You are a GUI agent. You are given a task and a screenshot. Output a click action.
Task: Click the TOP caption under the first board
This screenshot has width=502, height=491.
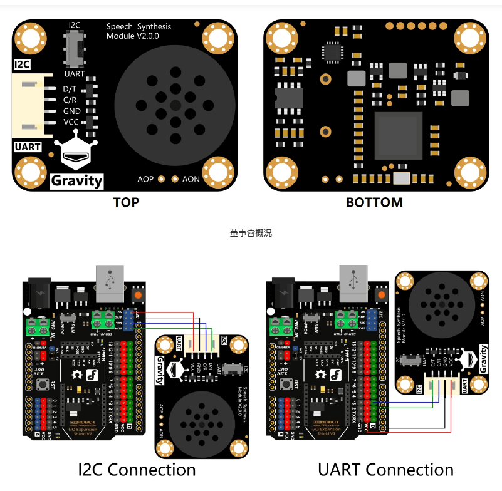click(126, 202)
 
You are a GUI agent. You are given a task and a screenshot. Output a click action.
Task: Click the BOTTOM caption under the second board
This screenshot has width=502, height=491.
click(374, 202)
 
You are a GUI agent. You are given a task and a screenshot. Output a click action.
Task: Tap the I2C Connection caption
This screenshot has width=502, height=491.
click(136, 470)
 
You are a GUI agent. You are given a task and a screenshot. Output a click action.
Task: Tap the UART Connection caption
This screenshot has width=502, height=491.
click(385, 470)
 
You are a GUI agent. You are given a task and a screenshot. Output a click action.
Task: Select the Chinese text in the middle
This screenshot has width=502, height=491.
click(251, 233)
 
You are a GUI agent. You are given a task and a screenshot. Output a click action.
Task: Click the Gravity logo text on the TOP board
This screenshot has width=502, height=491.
click(76, 180)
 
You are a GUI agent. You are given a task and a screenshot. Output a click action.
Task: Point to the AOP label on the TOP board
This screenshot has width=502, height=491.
click(145, 179)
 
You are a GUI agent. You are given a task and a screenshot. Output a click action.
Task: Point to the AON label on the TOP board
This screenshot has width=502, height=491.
click(191, 179)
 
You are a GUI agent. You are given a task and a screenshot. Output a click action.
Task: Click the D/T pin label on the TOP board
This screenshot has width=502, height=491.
click(70, 89)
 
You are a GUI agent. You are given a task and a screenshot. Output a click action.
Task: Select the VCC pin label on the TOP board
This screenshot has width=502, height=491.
click(71, 121)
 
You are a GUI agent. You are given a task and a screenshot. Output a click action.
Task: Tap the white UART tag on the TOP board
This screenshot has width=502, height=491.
click(27, 147)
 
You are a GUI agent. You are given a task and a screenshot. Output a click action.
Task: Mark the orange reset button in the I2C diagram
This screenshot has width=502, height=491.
click(137, 294)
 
